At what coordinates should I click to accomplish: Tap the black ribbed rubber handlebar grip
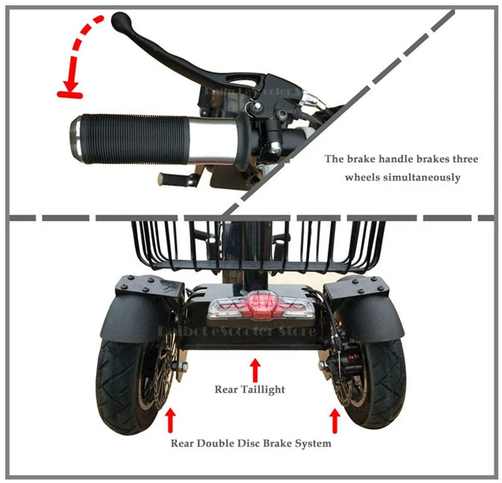132,135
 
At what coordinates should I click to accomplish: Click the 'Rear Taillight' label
250,390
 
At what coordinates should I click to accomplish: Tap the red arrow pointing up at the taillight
255,366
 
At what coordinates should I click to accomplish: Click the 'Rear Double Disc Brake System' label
251,443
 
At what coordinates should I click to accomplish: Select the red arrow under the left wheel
169,420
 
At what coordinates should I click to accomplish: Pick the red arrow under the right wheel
334,420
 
